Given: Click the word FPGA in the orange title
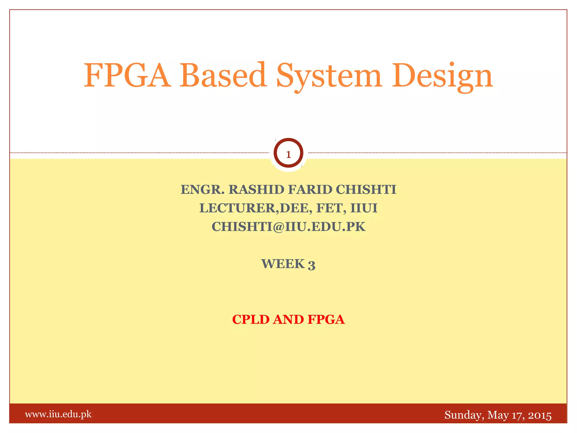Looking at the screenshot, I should (x=127, y=76).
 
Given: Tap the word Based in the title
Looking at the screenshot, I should (x=223, y=76).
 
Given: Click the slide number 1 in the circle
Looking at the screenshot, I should (x=288, y=154).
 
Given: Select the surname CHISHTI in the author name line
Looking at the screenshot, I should (x=366, y=189).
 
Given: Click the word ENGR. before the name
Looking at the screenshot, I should (x=202, y=189).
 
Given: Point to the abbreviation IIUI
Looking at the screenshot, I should (x=364, y=208).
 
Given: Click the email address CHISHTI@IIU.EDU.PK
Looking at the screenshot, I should (x=288, y=227).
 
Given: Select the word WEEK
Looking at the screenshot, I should (x=283, y=264).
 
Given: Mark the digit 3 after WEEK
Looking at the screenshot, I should (x=311, y=265).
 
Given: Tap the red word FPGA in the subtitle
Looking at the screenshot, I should (x=326, y=319).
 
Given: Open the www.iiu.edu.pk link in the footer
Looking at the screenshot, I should (x=58, y=414).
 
